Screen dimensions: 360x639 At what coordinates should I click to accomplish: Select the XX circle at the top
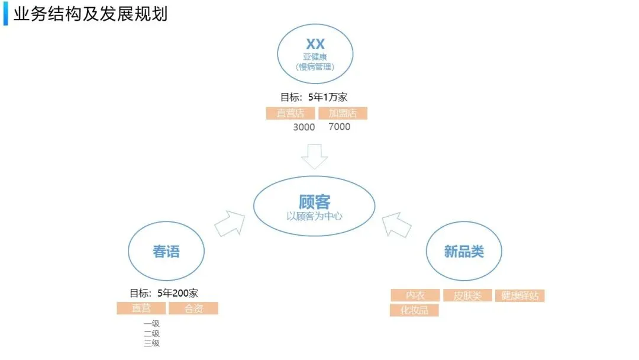coord(315,53)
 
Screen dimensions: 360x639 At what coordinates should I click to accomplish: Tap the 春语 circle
coord(166,251)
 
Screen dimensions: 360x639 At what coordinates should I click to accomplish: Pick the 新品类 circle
coord(464,251)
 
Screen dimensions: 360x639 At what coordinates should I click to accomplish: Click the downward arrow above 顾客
coord(314,157)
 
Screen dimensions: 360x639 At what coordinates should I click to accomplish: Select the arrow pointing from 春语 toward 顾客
coord(230,223)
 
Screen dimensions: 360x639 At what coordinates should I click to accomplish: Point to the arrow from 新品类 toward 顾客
coord(396,224)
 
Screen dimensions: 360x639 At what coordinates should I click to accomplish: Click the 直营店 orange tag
coord(291,114)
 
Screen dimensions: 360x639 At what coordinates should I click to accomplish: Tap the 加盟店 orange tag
coord(343,114)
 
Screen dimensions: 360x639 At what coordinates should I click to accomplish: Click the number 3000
coord(304,127)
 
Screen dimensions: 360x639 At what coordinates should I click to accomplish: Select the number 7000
coord(339,127)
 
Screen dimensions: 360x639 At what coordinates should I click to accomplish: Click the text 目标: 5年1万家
coord(314,98)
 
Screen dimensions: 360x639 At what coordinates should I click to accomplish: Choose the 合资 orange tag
coord(193,308)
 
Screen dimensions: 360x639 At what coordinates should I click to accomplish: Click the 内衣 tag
coord(415,295)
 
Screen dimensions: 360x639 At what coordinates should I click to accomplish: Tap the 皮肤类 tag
coord(467,295)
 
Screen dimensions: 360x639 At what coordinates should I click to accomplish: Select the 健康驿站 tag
coord(519,295)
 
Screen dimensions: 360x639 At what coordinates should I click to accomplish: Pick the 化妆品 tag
coord(414,310)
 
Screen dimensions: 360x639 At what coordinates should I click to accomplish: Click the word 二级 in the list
coord(151,333)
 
